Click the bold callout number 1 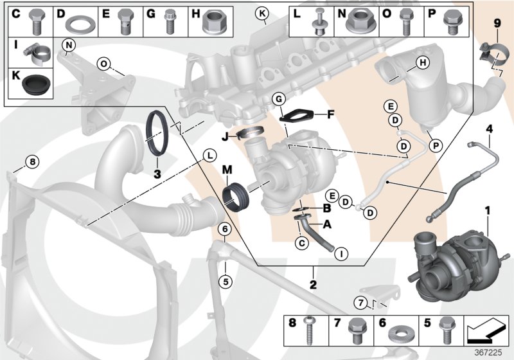pos(487,210)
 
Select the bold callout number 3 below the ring pos(156,174)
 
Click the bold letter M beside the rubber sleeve pos(226,169)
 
